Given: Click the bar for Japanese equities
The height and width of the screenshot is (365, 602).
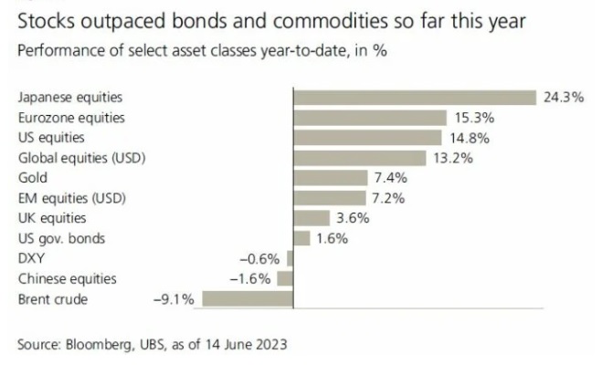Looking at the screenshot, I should (413, 98).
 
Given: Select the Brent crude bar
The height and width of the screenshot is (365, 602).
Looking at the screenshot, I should (247, 298).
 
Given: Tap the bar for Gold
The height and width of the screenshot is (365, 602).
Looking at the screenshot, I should (330, 178).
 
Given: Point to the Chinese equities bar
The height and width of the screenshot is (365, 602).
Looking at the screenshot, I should (284, 278).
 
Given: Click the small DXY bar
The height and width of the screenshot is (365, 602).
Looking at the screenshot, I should (289, 258).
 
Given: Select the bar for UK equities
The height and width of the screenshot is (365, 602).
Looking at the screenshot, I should (311, 218).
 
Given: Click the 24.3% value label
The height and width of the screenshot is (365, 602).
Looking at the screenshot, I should (563, 98).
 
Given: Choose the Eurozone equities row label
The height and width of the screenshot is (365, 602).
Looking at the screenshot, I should (70, 118).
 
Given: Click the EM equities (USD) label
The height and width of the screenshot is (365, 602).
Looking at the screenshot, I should (71, 198).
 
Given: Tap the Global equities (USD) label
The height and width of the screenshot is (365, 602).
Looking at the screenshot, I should (82, 158).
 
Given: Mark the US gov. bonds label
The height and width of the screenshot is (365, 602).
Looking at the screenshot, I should (61, 238).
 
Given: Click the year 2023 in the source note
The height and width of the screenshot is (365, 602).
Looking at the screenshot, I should (270, 344).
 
